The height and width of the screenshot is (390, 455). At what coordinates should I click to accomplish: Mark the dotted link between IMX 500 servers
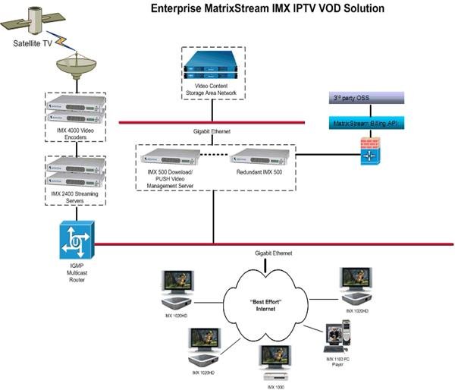[x=215, y=157]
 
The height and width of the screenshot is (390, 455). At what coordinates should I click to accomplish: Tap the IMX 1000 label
[x=277, y=386]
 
